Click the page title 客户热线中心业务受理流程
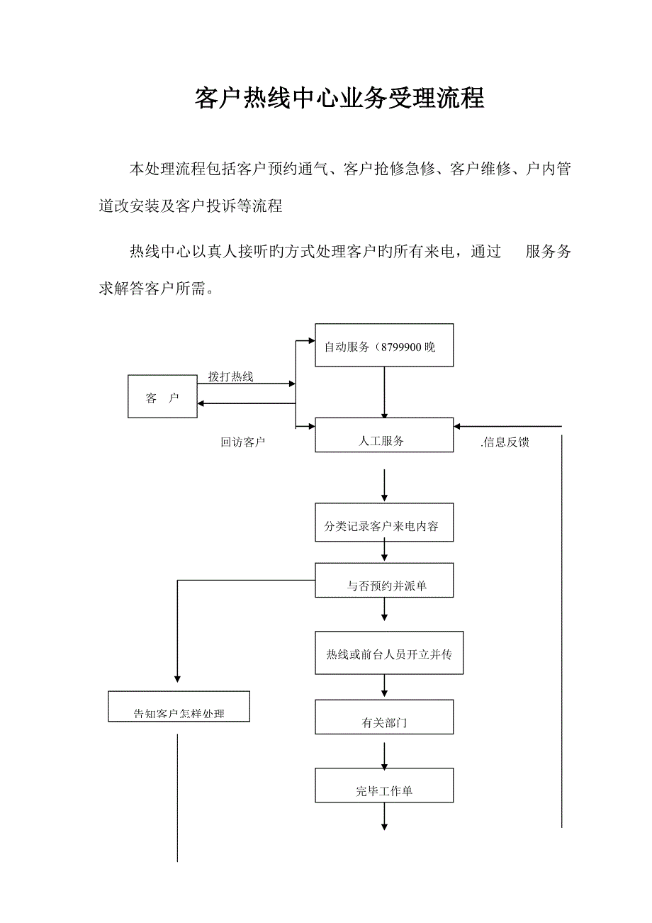point(339,99)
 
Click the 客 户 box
point(162,398)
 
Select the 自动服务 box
point(383,345)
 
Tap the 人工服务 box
point(383,435)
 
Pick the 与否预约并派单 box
point(383,581)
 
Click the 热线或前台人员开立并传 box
point(389,652)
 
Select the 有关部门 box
point(383,717)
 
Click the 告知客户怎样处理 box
point(179,707)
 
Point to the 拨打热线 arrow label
point(230,376)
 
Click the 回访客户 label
point(242,442)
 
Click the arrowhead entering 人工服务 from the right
point(459,427)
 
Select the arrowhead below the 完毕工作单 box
point(384,825)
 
